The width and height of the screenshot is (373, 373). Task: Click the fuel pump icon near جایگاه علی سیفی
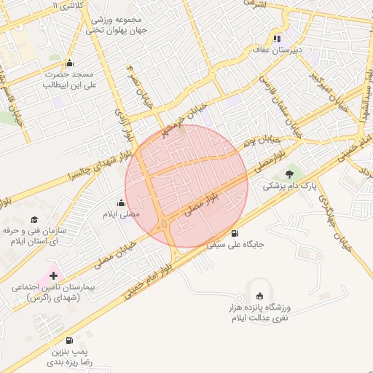(x=234, y=234)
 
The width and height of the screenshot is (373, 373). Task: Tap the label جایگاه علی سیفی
(x=235, y=246)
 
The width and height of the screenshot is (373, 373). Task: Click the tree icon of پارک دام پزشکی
(x=291, y=173)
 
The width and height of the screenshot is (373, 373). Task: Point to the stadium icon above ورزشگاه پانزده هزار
(x=260, y=296)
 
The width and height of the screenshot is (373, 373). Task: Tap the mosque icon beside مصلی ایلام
(x=122, y=203)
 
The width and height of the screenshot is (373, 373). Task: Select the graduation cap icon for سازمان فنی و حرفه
(x=34, y=219)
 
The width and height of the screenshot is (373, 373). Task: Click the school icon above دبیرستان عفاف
(x=277, y=39)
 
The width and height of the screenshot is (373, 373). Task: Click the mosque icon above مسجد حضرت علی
(x=69, y=63)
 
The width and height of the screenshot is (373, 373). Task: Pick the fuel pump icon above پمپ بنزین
(x=69, y=339)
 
